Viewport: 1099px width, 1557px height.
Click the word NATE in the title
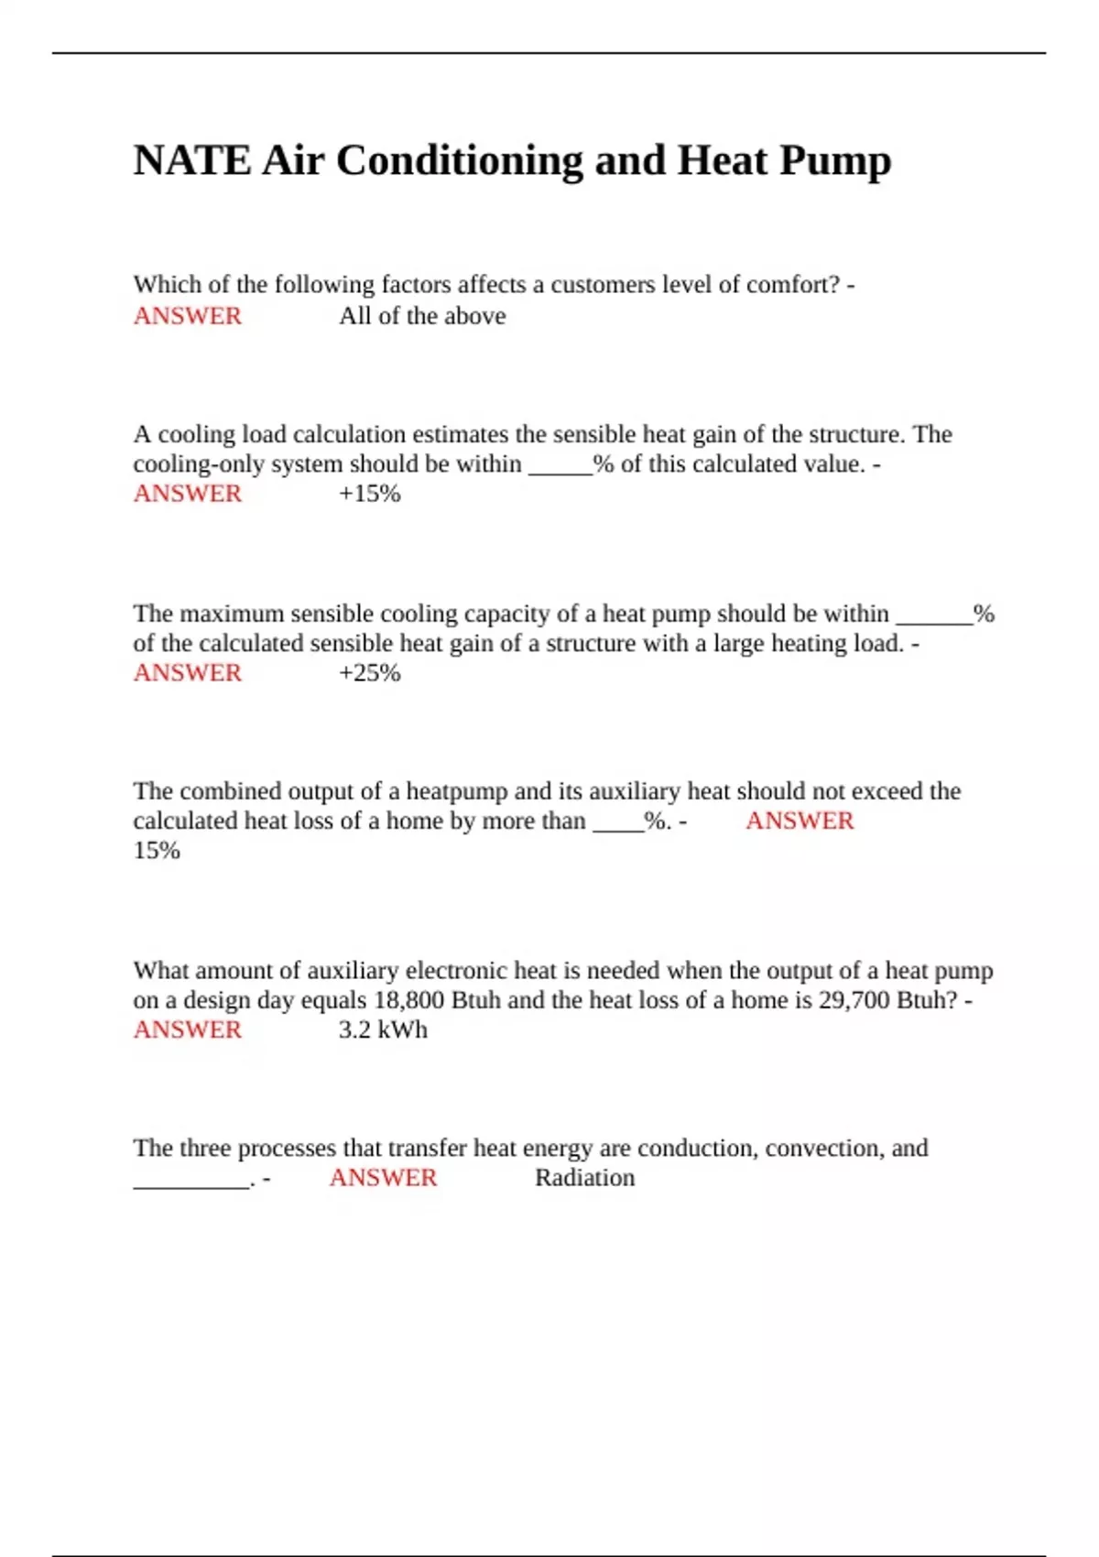(x=191, y=161)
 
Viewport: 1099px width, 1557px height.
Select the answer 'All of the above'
(x=422, y=316)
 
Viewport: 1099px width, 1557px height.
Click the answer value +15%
(x=370, y=494)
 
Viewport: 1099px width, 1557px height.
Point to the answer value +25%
(x=370, y=673)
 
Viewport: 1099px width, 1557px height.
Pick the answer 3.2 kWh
(x=383, y=1030)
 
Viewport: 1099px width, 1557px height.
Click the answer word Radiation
(x=584, y=1178)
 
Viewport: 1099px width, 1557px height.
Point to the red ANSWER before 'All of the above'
(x=188, y=316)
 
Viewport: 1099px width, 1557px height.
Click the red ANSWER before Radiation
(x=383, y=1178)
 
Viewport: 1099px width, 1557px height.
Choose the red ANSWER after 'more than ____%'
(x=800, y=821)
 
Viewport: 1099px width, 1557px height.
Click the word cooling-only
(x=202, y=464)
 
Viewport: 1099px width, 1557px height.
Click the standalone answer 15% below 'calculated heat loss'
(x=157, y=851)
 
